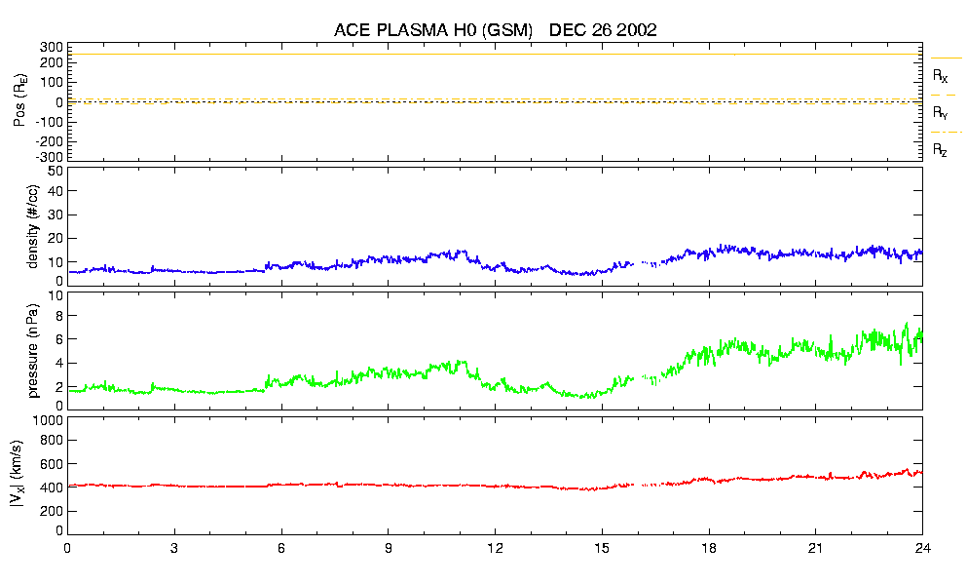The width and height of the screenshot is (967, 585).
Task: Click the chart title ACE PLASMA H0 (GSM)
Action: pyautogui.click(x=433, y=30)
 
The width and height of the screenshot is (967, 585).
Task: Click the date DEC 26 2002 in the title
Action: pyautogui.click(x=603, y=30)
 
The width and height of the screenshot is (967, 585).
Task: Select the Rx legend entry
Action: pyautogui.click(x=941, y=75)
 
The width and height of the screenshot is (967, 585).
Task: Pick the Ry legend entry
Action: pyautogui.click(x=941, y=113)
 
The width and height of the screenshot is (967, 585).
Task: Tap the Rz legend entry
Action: pyautogui.click(x=941, y=150)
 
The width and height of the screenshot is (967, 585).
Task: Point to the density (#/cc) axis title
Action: pyautogui.click(x=33, y=227)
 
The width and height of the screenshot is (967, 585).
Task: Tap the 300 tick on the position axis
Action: pyautogui.click(x=51, y=47)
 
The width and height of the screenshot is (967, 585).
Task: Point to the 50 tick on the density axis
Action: pyautogui.click(x=55, y=171)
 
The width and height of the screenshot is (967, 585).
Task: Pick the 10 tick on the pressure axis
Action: pyautogui.click(x=55, y=295)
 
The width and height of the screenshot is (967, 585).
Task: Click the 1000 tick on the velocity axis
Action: pyautogui.click(x=48, y=421)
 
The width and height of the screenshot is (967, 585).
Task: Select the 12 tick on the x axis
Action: pyautogui.click(x=495, y=547)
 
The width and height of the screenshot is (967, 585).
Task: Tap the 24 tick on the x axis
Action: pyautogui.click(x=922, y=547)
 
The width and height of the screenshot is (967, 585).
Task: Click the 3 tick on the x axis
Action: pyautogui.click(x=174, y=547)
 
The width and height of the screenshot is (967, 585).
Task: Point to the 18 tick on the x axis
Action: pyautogui.click(x=709, y=547)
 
